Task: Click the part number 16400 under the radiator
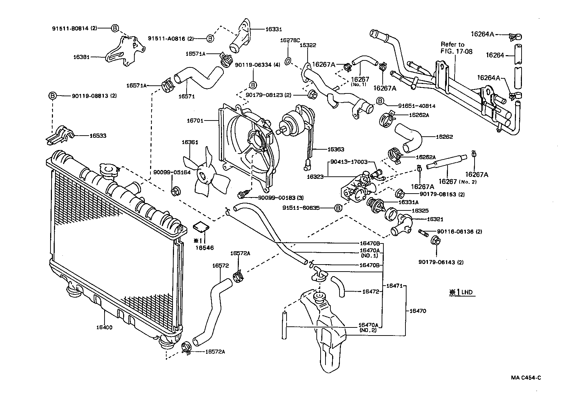point(104,327)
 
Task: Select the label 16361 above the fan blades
point(190,142)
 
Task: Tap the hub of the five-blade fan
point(202,175)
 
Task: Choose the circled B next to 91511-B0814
point(115,28)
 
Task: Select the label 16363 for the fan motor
point(336,149)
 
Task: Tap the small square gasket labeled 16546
point(201,228)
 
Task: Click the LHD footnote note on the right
point(462,292)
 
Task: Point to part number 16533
point(98,135)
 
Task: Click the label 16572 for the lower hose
point(220,266)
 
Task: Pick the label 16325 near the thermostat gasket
point(420,211)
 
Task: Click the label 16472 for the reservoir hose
point(370,291)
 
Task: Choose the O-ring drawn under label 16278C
point(288,61)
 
